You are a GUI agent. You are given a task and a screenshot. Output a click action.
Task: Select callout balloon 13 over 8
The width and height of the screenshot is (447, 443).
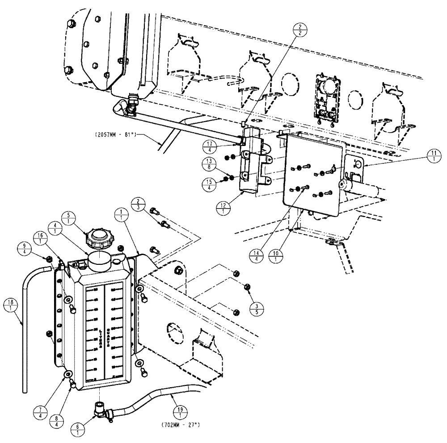click(x=209, y=165)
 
